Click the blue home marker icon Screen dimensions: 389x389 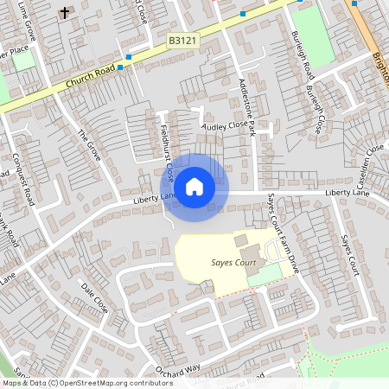point(194,186)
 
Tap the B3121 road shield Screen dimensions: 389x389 point(182,41)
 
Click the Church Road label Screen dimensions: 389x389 point(90,77)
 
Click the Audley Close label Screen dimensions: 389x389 point(224,124)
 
